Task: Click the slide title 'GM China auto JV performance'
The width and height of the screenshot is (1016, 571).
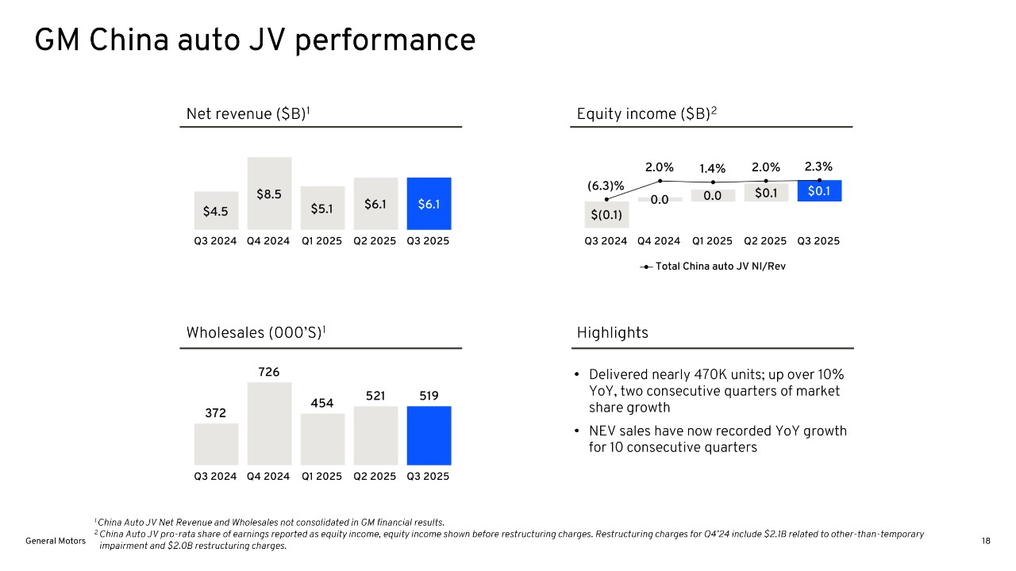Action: point(255,40)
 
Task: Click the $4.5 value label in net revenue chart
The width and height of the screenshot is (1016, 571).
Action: point(216,212)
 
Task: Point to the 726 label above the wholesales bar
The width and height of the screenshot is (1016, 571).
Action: point(269,372)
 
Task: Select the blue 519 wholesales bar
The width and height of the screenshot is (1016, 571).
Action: point(429,435)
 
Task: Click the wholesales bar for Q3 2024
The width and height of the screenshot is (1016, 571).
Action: point(216,444)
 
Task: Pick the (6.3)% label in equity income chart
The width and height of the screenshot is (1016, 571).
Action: point(606,186)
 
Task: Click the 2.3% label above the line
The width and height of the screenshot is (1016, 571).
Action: point(818,167)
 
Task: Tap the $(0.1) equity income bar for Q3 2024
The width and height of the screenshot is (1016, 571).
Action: point(606,214)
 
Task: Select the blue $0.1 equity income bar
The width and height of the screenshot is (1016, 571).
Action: point(819,191)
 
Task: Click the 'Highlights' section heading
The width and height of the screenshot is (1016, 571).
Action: point(612,333)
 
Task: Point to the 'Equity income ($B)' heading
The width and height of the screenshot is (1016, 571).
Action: point(646,114)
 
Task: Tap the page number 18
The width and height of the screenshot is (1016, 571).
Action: point(986,541)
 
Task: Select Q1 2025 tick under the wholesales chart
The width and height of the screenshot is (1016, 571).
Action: point(321,477)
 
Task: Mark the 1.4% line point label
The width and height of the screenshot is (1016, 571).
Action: point(713,169)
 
